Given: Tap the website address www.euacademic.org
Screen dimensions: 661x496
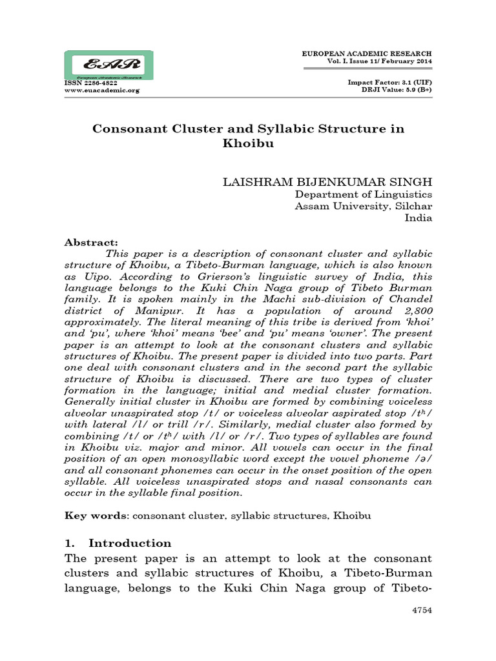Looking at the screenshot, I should [101, 90].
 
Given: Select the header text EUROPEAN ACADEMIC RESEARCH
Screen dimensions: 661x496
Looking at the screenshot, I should [367, 52].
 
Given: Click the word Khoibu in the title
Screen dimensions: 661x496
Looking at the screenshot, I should [248, 144].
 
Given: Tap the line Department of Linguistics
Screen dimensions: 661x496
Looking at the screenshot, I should [364, 194].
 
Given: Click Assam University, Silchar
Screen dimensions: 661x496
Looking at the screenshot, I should [363, 206].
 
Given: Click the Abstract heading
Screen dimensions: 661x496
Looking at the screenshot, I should [91, 242].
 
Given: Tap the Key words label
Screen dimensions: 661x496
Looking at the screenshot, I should [90, 516].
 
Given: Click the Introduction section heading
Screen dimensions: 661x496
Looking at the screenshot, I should [129, 542].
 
